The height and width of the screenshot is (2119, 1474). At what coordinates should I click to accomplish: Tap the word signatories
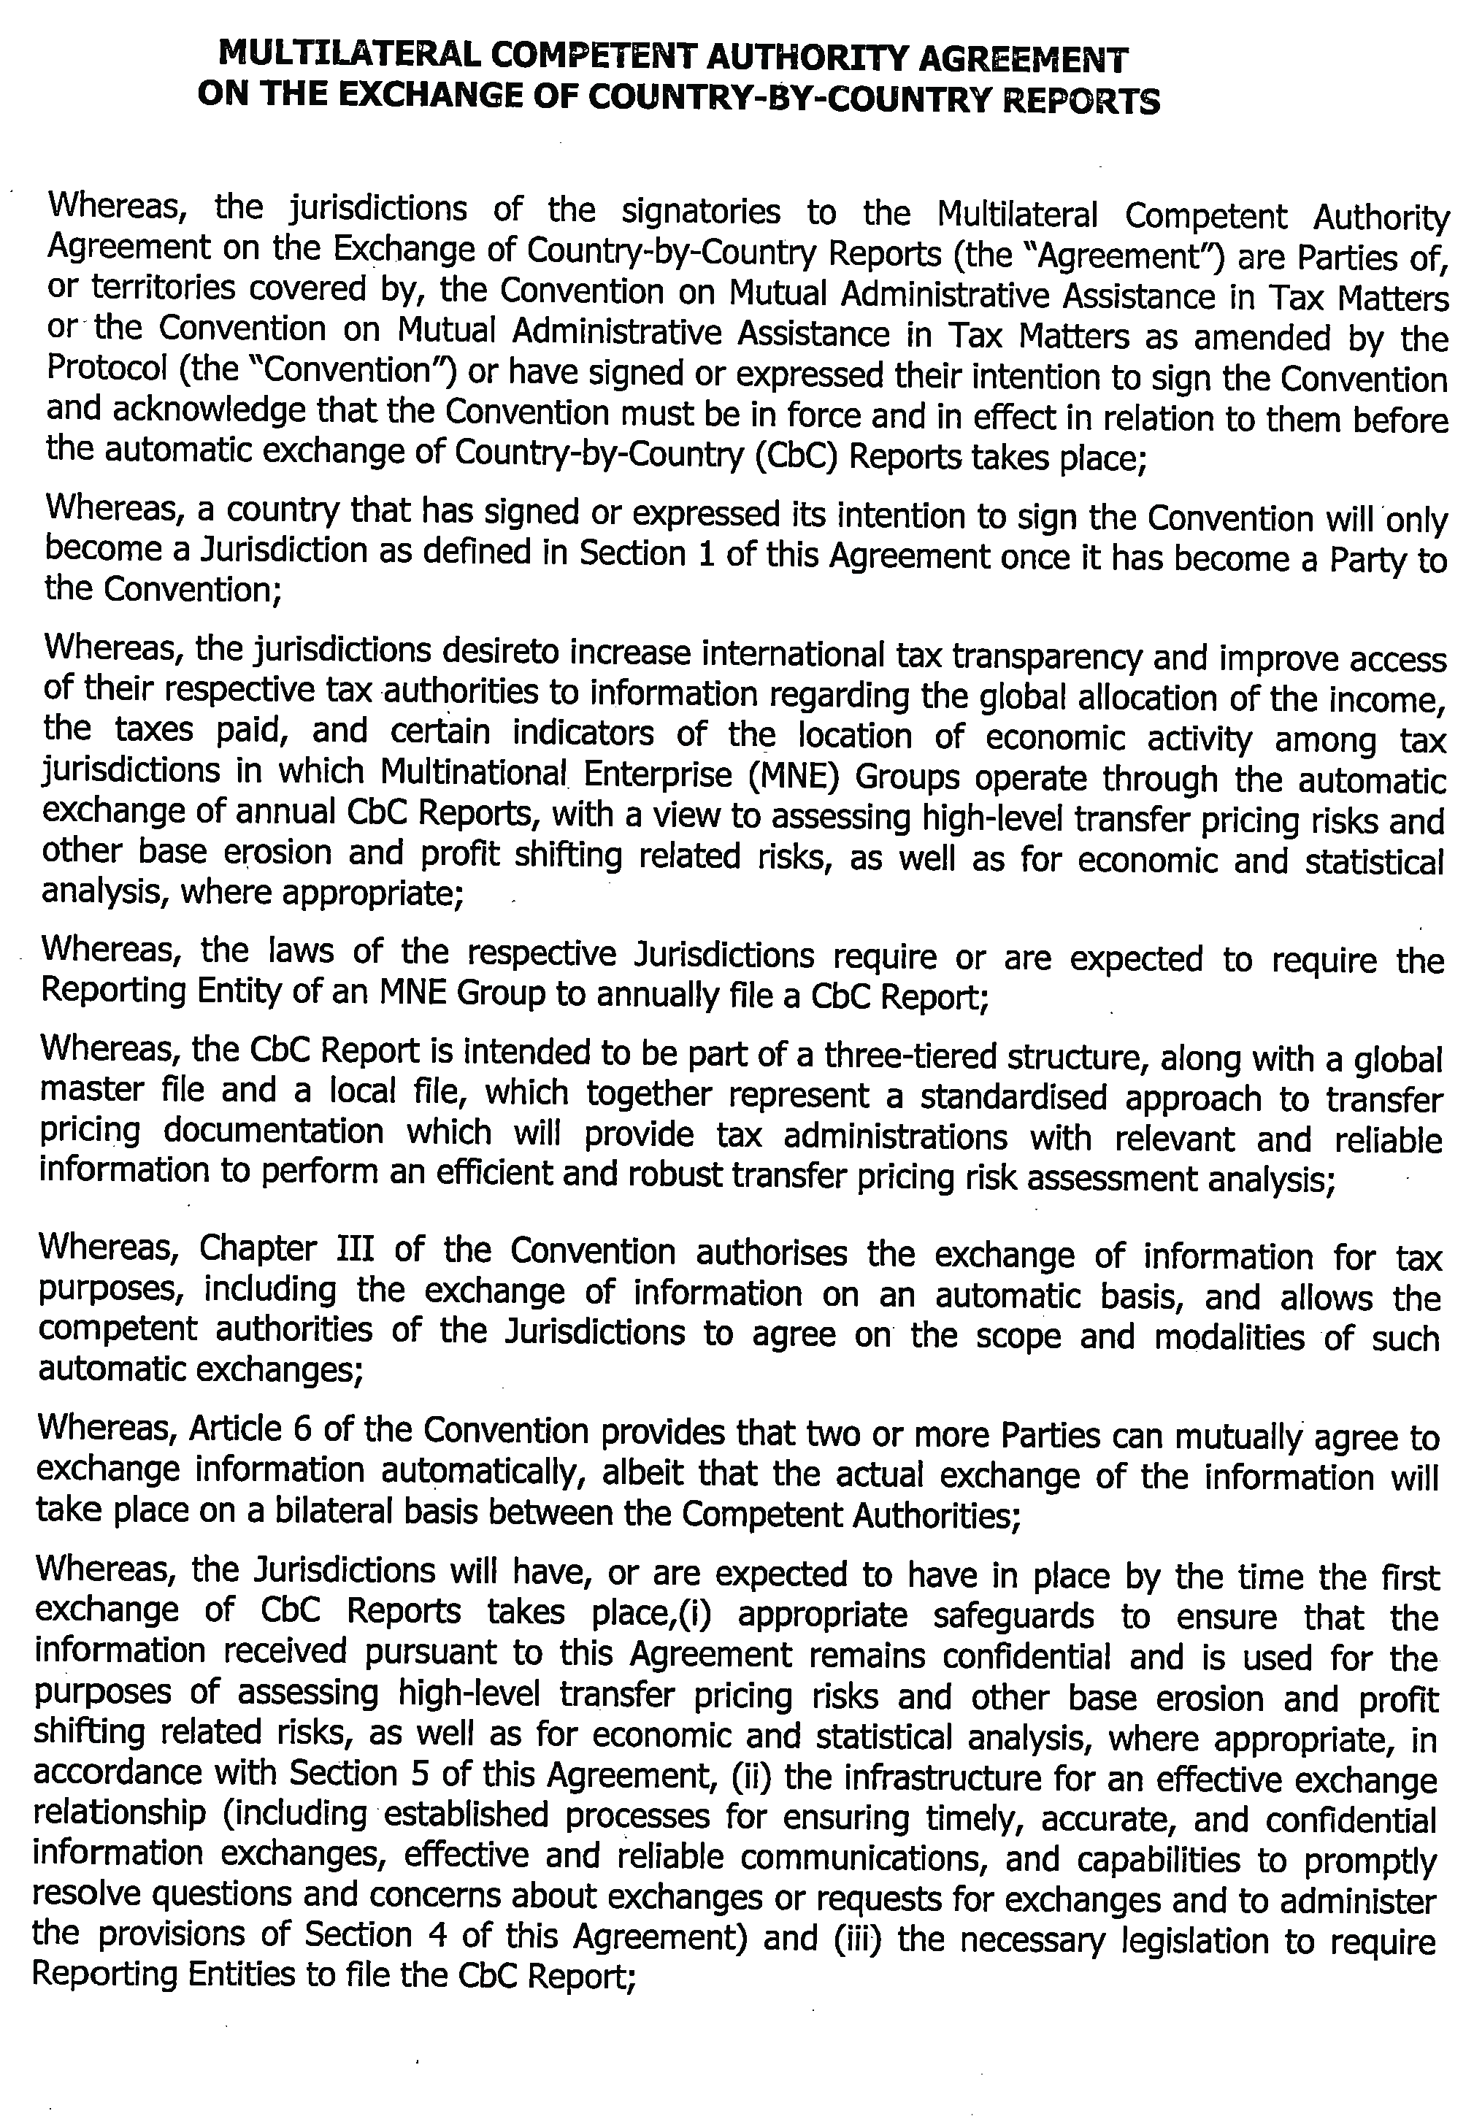[701, 212]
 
